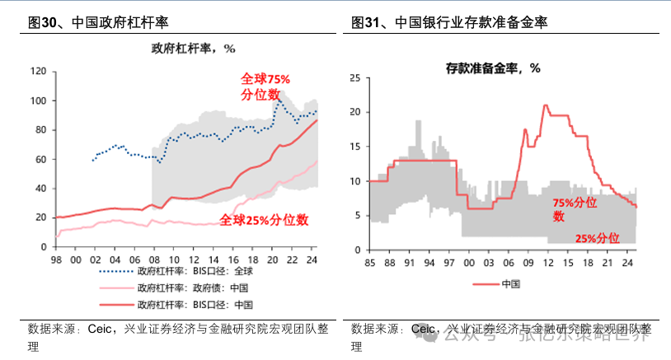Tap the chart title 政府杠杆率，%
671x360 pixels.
click(x=192, y=49)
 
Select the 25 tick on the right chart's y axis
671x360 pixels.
click(x=355, y=78)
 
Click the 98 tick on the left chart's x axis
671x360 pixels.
click(x=56, y=259)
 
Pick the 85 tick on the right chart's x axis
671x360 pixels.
click(x=369, y=263)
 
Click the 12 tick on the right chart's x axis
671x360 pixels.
click(x=547, y=263)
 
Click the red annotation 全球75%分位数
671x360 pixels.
click(x=265, y=86)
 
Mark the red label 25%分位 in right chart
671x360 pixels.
click(x=597, y=238)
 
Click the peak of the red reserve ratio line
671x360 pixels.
click(x=545, y=105)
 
